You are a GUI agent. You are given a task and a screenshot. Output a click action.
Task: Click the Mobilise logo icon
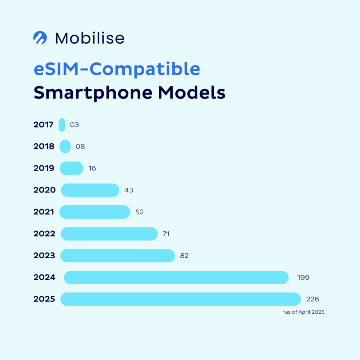click(x=40, y=38)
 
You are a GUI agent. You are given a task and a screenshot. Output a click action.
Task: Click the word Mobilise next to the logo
click(x=90, y=38)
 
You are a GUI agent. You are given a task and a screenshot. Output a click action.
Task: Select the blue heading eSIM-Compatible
click(x=117, y=69)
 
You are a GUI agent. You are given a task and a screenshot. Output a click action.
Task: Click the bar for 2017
click(x=62, y=125)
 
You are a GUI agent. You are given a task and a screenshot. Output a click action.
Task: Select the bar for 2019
click(x=71, y=168)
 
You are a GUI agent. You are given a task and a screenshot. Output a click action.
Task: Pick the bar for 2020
click(x=90, y=190)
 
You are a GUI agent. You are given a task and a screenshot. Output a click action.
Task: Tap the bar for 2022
click(x=109, y=234)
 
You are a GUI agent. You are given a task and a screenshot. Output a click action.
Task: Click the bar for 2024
click(x=176, y=277)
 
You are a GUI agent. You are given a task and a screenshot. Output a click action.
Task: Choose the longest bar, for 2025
click(x=181, y=299)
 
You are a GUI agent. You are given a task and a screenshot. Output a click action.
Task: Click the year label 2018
click(x=44, y=147)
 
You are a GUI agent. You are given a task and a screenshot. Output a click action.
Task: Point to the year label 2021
click(x=44, y=212)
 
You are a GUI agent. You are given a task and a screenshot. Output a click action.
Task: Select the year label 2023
click(x=44, y=256)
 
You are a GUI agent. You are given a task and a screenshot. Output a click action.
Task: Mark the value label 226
click(x=313, y=299)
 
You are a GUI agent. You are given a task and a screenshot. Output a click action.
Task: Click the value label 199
click(x=303, y=277)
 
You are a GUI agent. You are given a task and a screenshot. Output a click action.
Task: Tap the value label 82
click(x=184, y=256)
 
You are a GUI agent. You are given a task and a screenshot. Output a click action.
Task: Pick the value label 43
click(x=129, y=190)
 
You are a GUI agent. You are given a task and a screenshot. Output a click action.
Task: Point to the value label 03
click(x=75, y=125)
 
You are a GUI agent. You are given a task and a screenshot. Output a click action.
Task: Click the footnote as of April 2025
click(x=303, y=312)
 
